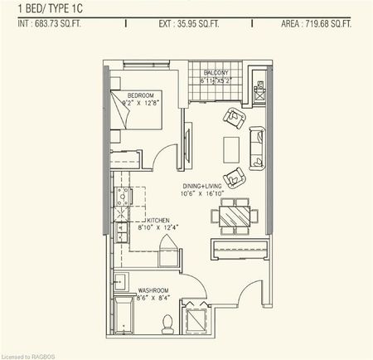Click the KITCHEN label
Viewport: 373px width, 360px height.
coord(140,220)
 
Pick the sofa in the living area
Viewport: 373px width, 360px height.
coord(255,144)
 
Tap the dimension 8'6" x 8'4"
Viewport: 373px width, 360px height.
coord(154,299)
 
